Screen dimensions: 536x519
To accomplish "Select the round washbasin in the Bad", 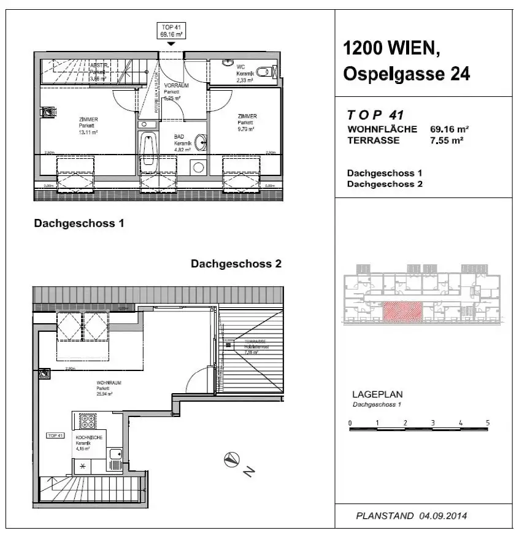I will coord(199,143).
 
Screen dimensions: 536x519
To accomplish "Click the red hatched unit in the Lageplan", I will coord(402,312).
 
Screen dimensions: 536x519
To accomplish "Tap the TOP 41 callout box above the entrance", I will coord(171,31).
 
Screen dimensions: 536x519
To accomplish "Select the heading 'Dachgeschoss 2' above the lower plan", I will coord(236,264).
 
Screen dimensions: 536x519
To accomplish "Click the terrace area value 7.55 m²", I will coord(447,140).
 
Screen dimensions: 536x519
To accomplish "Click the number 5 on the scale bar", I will coord(488,423).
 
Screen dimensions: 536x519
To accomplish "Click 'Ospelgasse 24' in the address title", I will coord(406,74).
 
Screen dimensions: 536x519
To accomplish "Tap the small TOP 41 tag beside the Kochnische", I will coord(55,435).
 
